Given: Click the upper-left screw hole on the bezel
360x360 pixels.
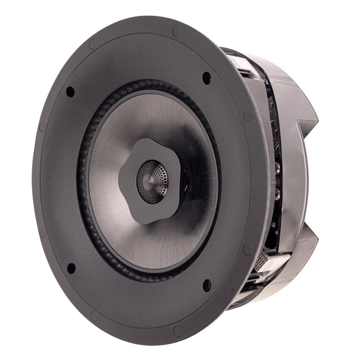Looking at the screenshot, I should point(70,91).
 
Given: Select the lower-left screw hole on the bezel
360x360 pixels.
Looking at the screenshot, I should point(71,268).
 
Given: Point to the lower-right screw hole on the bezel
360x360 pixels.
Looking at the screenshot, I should point(207,286).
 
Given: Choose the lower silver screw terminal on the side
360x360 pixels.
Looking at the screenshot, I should point(277,194).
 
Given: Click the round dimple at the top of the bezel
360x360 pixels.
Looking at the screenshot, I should point(176,31).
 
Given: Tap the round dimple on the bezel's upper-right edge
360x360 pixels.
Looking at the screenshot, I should point(248,116).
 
